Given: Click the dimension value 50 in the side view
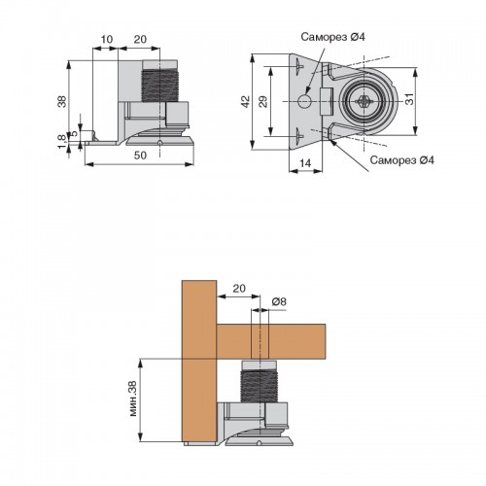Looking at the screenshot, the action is point(140,156).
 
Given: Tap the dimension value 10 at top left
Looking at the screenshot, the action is point(107,40).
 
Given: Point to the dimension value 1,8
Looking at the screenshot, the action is point(61,142).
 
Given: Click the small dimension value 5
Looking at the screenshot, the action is point(74,133).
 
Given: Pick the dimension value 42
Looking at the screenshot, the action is point(246,101).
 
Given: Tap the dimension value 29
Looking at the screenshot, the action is point(263,101).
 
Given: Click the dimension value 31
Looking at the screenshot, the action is point(410,99).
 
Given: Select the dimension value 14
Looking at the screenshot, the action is point(305,163).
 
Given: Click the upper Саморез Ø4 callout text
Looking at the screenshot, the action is point(332,37).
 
